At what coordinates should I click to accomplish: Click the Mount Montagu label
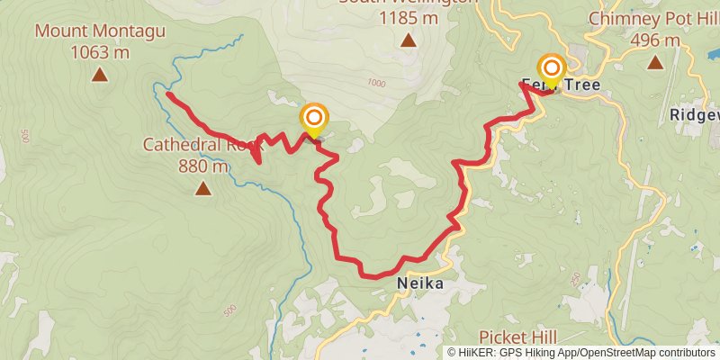click(100, 32)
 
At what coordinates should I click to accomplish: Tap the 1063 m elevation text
click(100, 52)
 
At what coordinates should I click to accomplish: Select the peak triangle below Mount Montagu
click(100, 76)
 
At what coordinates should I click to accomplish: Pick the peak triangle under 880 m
click(203, 189)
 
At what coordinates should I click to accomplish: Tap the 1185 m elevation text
click(408, 17)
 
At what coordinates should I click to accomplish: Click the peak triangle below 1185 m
click(408, 40)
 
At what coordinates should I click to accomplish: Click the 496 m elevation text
click(654, 40)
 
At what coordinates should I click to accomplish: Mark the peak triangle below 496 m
click(654, 63)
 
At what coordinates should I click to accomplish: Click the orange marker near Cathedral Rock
click(314, 119)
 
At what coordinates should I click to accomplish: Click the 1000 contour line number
click(376, 83)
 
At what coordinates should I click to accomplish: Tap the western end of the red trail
click(168, 93)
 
